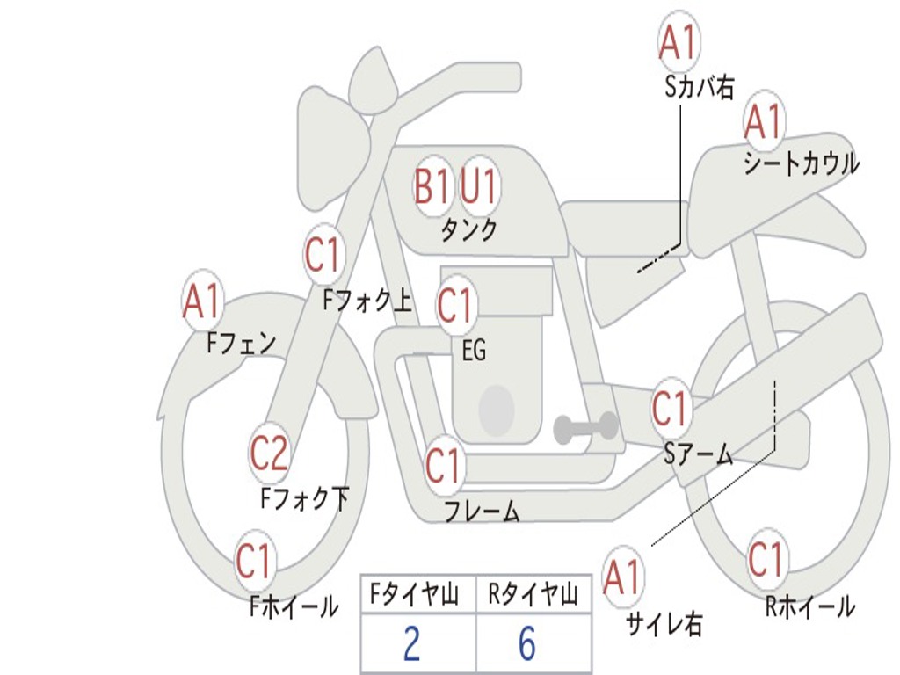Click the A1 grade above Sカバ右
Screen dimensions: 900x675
(x=678, y=42)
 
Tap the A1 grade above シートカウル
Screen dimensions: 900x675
(x=763, y=122)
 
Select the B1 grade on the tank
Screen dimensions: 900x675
(x=432, y=186)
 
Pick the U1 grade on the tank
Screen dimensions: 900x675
(x=479, y=186)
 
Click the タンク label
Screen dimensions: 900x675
(x=468, y=230)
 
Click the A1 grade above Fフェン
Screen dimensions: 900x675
(x=202, y=301)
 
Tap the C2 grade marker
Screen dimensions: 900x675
(x=268, y=454)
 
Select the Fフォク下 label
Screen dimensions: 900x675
(x=305, y=499)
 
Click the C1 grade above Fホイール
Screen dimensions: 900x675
(x=254, y=562)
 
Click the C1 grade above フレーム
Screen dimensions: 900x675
(x=442, y=466)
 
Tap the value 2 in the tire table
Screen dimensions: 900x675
(x=411, y=644)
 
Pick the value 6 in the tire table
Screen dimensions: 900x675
(x=527, y=644)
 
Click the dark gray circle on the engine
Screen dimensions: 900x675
(x=497, y=410)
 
